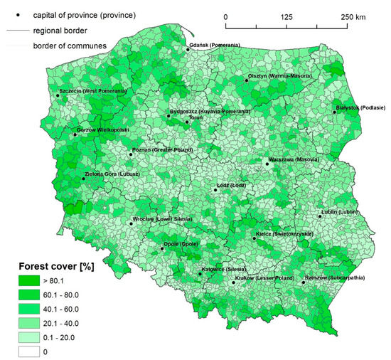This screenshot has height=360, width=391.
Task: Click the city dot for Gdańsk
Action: (188, 50)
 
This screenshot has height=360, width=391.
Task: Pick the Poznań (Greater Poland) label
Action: (162, 151)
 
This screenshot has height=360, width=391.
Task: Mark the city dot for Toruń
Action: (187, 122)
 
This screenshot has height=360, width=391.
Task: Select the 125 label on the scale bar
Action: (287, 16)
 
